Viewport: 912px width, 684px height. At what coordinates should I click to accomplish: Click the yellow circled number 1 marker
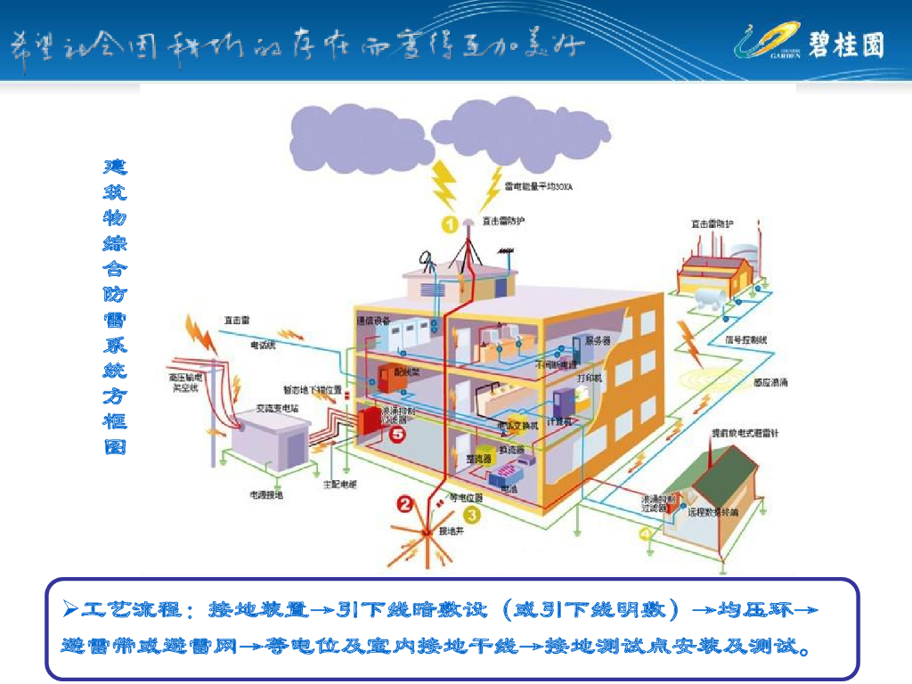click(x=450, y=224)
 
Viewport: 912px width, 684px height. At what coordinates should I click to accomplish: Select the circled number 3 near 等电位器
click(x=471, y=514)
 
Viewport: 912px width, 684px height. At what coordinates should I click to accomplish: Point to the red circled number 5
click(x=397, y=434)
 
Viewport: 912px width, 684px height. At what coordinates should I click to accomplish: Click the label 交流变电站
click(x=278, y=408)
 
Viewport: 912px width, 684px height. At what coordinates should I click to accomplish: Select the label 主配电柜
click(x=339, y=484)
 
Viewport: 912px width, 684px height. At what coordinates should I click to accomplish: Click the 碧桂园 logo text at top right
click(x=846, y=43)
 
